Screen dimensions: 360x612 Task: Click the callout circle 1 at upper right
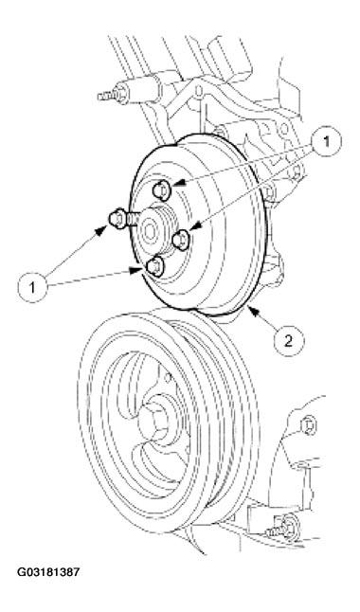click(326, 141)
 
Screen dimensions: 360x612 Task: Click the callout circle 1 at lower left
click(32, 287)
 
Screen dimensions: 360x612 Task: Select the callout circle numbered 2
click(289, 341)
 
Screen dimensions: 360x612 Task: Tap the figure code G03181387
click(48, 572)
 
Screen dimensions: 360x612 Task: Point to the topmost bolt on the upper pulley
click(160, 190)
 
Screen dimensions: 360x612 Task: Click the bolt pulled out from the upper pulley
click(117, 218)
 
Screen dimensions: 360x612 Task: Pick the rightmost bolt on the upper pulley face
click(181, 240)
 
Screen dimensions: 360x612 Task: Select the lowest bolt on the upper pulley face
click(155, 266)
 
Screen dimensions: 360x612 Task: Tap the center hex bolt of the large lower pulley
click(154, 421)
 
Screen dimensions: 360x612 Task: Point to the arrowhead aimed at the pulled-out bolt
click(100, 229)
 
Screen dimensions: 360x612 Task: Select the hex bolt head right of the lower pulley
click(309, 425)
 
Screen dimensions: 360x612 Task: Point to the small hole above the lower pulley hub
click(168, 377)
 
